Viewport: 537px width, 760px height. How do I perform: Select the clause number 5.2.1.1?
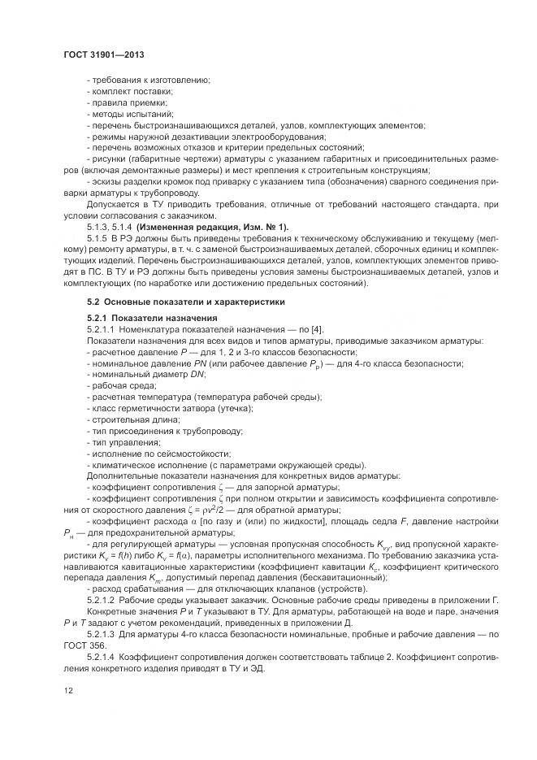click(102, 329)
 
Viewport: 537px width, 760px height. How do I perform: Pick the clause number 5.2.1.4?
click(102, 654)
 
